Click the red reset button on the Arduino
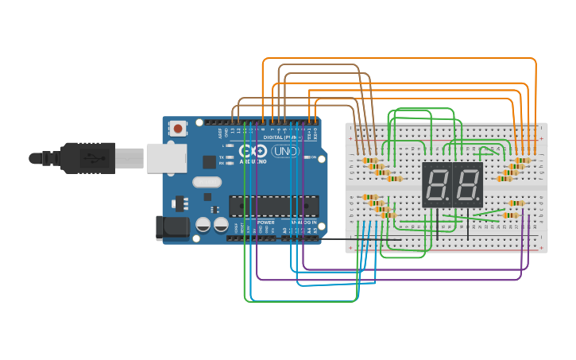[178, 128]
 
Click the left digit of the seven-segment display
[436, 185]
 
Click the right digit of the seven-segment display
[468, 185]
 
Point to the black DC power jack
[172, 228]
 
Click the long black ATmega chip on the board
[273, 206]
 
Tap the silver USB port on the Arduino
[164, 158]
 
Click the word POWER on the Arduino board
[265, 223]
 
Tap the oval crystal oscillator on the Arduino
[206, 182]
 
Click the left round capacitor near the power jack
[203, 225]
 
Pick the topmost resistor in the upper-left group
[369, 160]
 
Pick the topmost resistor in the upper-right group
[522, 160]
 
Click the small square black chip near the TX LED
[209, 162]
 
